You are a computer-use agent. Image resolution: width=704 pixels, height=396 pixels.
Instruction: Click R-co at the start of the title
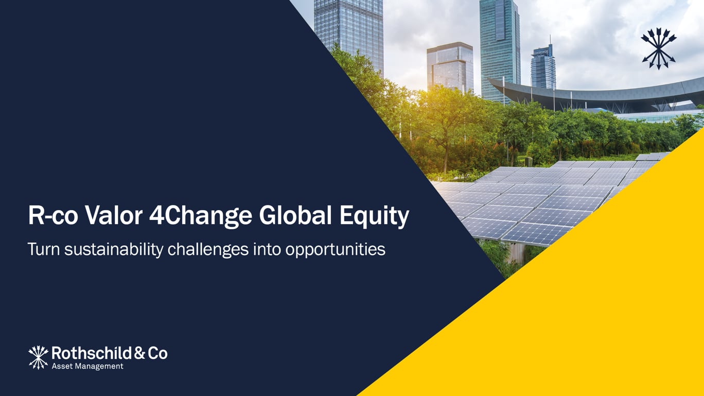coord(54,216)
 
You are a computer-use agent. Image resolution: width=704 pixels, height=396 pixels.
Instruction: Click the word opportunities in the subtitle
coord(335,250)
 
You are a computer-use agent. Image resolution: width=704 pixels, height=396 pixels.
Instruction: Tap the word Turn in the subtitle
coord(43,249)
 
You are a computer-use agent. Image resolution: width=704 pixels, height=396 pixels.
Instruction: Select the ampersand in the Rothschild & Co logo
coord(139,353)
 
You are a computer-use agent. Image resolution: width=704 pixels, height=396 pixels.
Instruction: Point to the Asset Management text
coord(87,366)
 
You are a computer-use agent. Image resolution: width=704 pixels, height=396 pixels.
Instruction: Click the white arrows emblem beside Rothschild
coord(38,357)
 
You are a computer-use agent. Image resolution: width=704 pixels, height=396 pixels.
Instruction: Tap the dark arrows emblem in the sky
coord(659,48)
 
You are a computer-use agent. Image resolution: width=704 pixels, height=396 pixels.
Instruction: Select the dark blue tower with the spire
coord(543,67)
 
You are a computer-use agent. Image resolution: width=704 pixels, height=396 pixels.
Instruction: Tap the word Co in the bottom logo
coord(157,353)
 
